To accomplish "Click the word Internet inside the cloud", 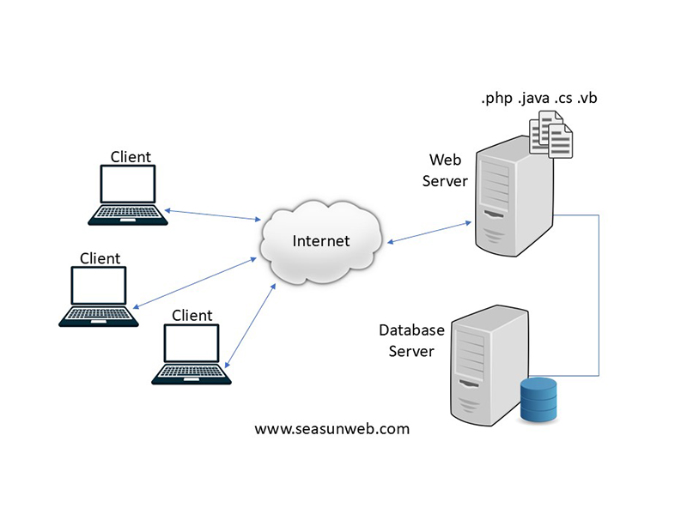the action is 321,241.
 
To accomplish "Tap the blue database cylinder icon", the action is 538,400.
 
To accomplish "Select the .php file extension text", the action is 497,98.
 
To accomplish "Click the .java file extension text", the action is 533,98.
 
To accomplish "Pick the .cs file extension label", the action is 563,98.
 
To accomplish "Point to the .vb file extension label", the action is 587,98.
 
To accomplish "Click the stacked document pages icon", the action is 550,134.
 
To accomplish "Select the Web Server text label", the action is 445,171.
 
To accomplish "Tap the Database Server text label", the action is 411,341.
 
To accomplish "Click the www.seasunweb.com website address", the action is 331,429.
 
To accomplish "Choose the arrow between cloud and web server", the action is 429,233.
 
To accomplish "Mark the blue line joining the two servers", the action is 599,295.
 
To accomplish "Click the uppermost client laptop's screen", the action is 127,184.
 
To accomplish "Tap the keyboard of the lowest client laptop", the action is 192,372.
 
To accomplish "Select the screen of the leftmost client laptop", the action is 99,286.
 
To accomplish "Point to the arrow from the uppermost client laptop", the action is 212,215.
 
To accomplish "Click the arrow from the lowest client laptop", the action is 250,325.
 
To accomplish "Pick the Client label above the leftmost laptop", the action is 100,258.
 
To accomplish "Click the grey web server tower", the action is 514,196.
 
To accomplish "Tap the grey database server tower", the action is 489,366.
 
